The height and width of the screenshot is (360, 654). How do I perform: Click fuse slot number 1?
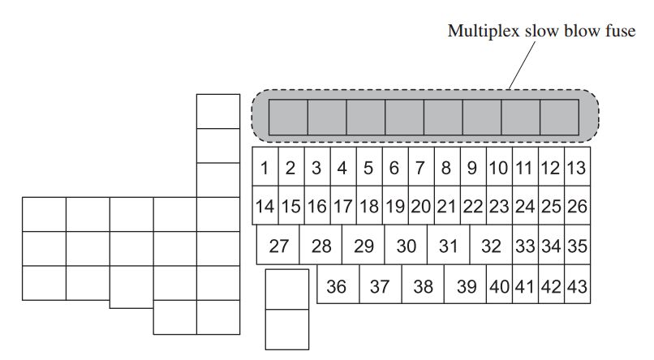(x=265, y=166)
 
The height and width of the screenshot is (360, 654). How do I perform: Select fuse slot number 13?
(x=577, y=166)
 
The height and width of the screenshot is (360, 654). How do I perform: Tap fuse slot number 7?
(x=421, y=166)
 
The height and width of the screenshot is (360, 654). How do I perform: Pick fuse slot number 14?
(x=265, y=205)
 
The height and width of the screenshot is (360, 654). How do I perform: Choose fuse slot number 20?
(x=421, y=205)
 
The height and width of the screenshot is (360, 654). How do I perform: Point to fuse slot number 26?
(x=577, y=205)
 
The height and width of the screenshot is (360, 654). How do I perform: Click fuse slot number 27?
(x=278, y=245)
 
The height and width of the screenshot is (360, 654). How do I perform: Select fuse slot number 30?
(x=406, y=245)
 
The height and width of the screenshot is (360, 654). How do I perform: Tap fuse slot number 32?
(x=491, y=245)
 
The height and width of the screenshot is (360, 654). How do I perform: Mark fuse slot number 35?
(x=577, y=245)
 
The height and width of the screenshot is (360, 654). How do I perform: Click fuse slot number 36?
(x=338, y=284)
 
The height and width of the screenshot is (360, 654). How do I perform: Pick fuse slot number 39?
(x=466, y=284)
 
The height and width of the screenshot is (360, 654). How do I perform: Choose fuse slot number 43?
(x=577, y=284)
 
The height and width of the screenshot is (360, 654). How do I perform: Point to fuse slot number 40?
(x=499, y=284)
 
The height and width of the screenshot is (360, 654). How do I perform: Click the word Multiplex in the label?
(x=484, y=32)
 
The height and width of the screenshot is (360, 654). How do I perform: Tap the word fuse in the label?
(x=620, y=31)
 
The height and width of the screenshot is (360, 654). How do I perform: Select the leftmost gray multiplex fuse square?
(x=288, y=117)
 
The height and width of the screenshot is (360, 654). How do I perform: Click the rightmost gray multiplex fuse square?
(x=559, y=117)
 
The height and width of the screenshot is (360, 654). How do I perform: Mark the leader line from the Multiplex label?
(x=522, y=66)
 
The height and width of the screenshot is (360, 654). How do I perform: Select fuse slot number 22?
(x=473, y=205)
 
